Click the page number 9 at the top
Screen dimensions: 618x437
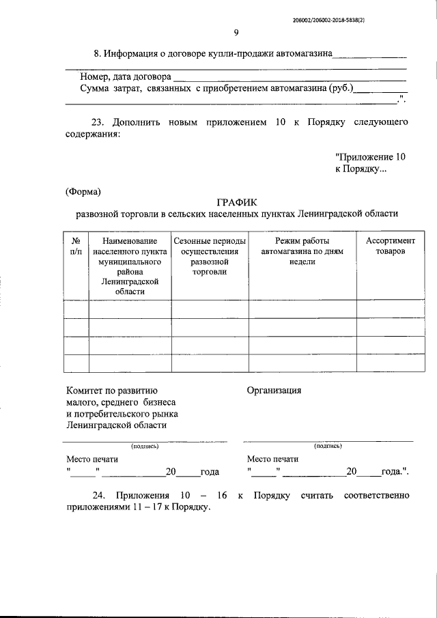(236, 32)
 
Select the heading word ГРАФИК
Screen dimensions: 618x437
(236, 201)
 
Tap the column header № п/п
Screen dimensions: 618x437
(76, 247)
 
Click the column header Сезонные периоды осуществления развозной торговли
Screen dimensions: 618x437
(209, 257)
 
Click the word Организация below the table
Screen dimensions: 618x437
(274, 391)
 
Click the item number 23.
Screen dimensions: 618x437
(98, 122)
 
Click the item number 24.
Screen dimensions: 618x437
(98, 495)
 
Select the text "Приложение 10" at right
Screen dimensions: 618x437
(371, 156)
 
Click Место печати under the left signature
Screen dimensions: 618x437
(91, 460)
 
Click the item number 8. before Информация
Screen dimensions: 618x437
(98, 53)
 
